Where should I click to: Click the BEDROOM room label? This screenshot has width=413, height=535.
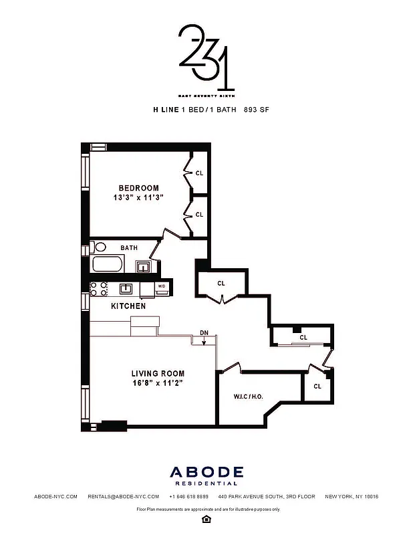(139, 188)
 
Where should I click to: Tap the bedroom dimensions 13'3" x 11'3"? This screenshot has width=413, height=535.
(139, 199)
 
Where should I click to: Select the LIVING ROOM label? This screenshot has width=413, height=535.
(158, 373)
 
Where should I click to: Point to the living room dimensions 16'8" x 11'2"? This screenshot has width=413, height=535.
(158, 384)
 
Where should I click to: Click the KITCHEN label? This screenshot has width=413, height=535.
(128, 306)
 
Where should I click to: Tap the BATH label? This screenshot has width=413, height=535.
(129, 247)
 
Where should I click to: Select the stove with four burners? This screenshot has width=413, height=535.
(99, 288)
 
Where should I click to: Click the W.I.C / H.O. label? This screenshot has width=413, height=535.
(248, 396)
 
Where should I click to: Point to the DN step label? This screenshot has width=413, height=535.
(204, 332)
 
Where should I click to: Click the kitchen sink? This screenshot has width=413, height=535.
(126, 289)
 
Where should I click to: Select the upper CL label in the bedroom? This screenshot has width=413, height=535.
(199, 173)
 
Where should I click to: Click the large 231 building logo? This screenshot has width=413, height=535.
(206, 57)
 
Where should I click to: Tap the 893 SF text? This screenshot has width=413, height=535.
(261, 108)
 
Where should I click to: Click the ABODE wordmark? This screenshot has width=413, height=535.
(206, 473)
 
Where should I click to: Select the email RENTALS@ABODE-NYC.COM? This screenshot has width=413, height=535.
(124, 497)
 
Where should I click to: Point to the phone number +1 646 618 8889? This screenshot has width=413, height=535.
(189, 497)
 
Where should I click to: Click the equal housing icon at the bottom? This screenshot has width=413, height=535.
(206, 518)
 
